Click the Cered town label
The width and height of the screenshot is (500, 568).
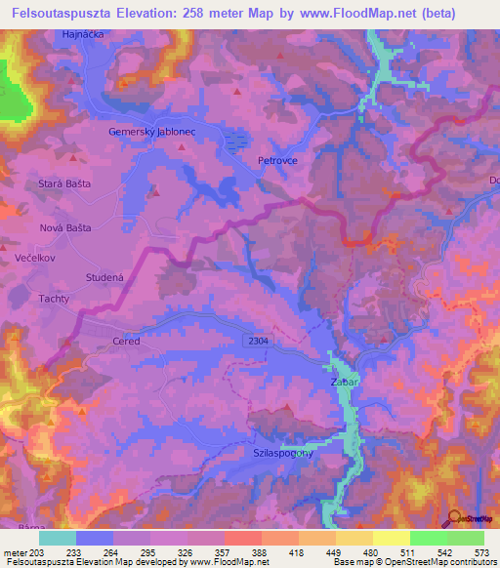click(126, 342)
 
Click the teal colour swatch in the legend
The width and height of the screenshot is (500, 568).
click(58, 537)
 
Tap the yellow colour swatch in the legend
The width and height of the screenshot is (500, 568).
click(391, 537)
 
